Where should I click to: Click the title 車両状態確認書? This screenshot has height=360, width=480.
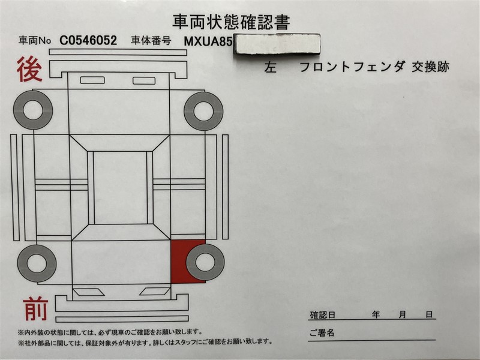(231, 22)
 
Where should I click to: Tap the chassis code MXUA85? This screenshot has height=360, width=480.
(207, 41)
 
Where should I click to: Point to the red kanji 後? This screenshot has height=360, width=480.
(29, 69)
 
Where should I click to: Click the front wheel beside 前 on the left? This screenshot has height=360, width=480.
(37, 263)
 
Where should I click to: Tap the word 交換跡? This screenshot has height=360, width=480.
(430, 67)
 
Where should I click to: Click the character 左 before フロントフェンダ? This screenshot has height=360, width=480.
(270, 67)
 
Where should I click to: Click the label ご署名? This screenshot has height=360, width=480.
(322, 333)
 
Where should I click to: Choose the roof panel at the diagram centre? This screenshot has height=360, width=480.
(120, 187)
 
